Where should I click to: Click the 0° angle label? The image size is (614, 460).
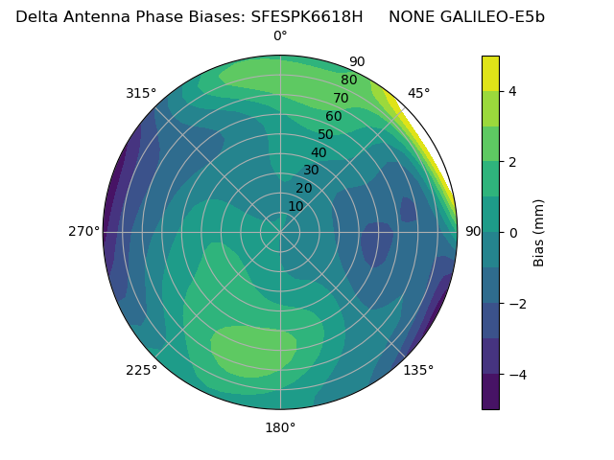pos(280,36)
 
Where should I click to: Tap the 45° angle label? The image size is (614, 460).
pos(419,93)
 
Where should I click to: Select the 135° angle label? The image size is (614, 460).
pos(418,370)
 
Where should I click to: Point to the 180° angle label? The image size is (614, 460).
pos(280,427)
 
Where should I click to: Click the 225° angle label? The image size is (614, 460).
pos(141,370)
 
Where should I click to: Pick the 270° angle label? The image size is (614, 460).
pos(84,231)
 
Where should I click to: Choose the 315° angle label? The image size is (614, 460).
pos(141,93)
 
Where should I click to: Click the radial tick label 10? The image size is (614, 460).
pos(295,206)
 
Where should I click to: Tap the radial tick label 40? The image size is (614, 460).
pos(319,152)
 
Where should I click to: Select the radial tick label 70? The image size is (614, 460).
pos(341,98)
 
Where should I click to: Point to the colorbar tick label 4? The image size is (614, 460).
pos(512,91)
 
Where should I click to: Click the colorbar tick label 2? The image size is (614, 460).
pos(512,162)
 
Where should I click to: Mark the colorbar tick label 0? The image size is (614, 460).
pos(512,233)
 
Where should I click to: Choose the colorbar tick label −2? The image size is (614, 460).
pos(516,304)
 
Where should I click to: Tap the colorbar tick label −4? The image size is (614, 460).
pos(516,375)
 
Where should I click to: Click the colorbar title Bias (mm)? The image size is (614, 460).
pos(539,233)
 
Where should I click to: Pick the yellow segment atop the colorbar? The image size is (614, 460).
pos(490,73)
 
